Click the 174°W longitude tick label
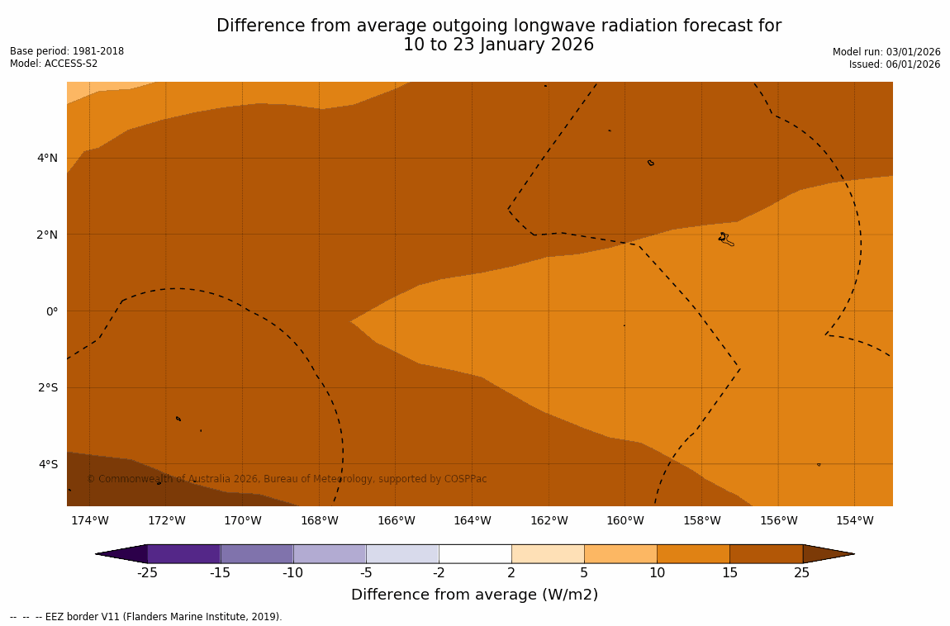pyautogui.click(x=89, y=520)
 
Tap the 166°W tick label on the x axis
pyautogui.click(x=396, y=520)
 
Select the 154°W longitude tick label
pyautogui.click(x=854, y=520)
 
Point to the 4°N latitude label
pyautogui.click(x=48, y=158)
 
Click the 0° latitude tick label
pyautogui.click(x=51, y=311)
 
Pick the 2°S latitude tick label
pyautogui.click(x=48, y=387)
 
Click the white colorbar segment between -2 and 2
pyautogui.click(x=475, y=553)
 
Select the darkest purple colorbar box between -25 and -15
pyautogui.click(x=183, y=553)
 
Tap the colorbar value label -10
pyautogui.click(x=293, y=573)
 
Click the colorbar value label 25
pyautogui.click(x=802, y=573)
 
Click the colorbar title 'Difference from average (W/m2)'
pyautogui.click(x=474, y=595)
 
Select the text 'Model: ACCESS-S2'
pyautogui.click(x=54, y=64)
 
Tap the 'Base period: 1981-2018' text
pyautogui.click(x=67, y=51)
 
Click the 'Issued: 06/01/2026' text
pyautogui.click(x=895, y=64)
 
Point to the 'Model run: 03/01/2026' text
pyautogui.click(x=886, y=52)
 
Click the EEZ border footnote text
pyautogui.click(x=145, y=617)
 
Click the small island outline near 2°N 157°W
pyautogui.click(x=724, y=239)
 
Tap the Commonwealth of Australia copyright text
pyautogui.click(x=287, y=479)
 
